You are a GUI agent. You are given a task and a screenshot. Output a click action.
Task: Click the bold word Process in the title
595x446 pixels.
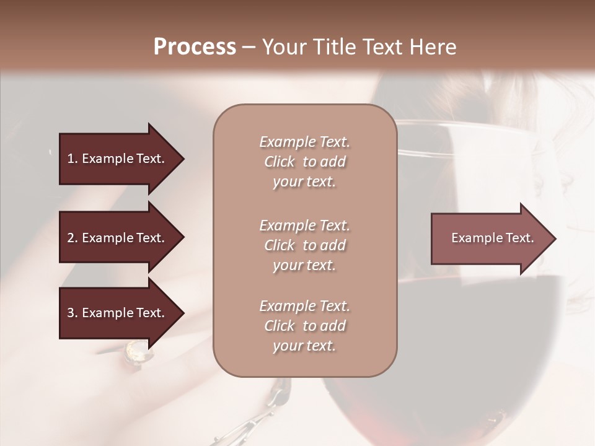pos(195,46)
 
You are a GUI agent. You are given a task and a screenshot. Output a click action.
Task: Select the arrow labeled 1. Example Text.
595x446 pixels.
pos(118,159)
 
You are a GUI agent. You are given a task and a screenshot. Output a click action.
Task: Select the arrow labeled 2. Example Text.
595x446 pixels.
pos(118,238)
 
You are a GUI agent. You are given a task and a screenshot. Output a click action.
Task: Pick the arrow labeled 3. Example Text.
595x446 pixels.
pos(118,313)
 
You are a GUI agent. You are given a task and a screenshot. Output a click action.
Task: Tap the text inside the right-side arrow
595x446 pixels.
pos(492,238)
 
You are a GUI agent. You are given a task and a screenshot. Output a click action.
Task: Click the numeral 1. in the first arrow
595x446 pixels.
pos(72,159)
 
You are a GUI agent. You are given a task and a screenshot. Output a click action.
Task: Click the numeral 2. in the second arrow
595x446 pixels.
pos(72,238)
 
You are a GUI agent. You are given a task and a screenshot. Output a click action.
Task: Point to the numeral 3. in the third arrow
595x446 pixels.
pos(72,313)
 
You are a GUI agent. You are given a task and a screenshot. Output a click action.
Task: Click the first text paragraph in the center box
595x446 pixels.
pos(304,162)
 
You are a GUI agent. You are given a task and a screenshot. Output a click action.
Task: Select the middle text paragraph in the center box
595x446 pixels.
pos(304,245)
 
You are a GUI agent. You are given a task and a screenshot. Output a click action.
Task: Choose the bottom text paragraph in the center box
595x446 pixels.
pos(304,326)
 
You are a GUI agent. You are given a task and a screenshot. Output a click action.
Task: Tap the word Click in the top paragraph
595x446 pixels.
pos(279,162)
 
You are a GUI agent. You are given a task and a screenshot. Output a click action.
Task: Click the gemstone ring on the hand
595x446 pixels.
pos(137,352)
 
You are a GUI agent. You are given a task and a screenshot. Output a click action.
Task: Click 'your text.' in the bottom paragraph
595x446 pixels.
pos(304,346)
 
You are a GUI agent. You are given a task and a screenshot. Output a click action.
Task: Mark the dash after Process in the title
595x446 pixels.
pos(249,48)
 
